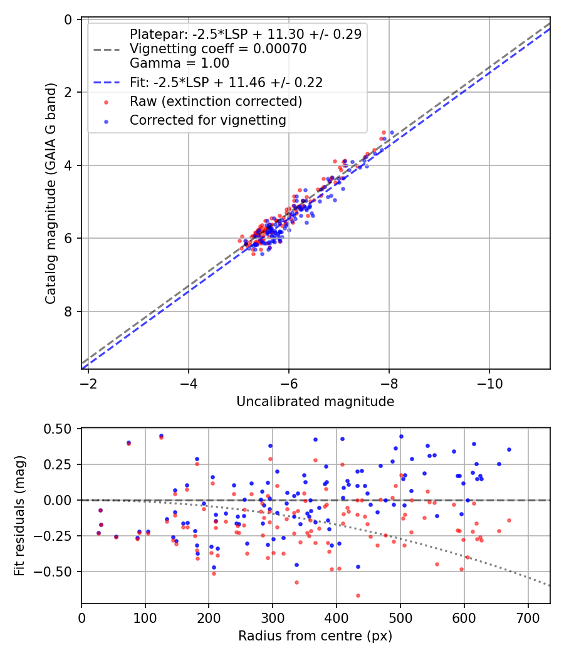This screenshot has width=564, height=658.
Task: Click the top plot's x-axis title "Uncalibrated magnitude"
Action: click(x=315, y=402)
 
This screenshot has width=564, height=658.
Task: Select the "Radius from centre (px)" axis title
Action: click(x=315, y=636)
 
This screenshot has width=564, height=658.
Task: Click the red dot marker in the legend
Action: click(x=107, y=102)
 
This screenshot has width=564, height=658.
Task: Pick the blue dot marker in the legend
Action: click(x=107, y=120)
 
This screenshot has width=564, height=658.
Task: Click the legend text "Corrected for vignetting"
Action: click(x=208, y=120)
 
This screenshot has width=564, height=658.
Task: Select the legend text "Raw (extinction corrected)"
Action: click(x=216, y=102)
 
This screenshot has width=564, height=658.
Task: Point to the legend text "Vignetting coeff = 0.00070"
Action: click(x=218, y=50)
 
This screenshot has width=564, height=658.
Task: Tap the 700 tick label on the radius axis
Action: click(x=528, y=618)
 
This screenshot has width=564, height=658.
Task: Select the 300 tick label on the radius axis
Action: click(x=273, y=618)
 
